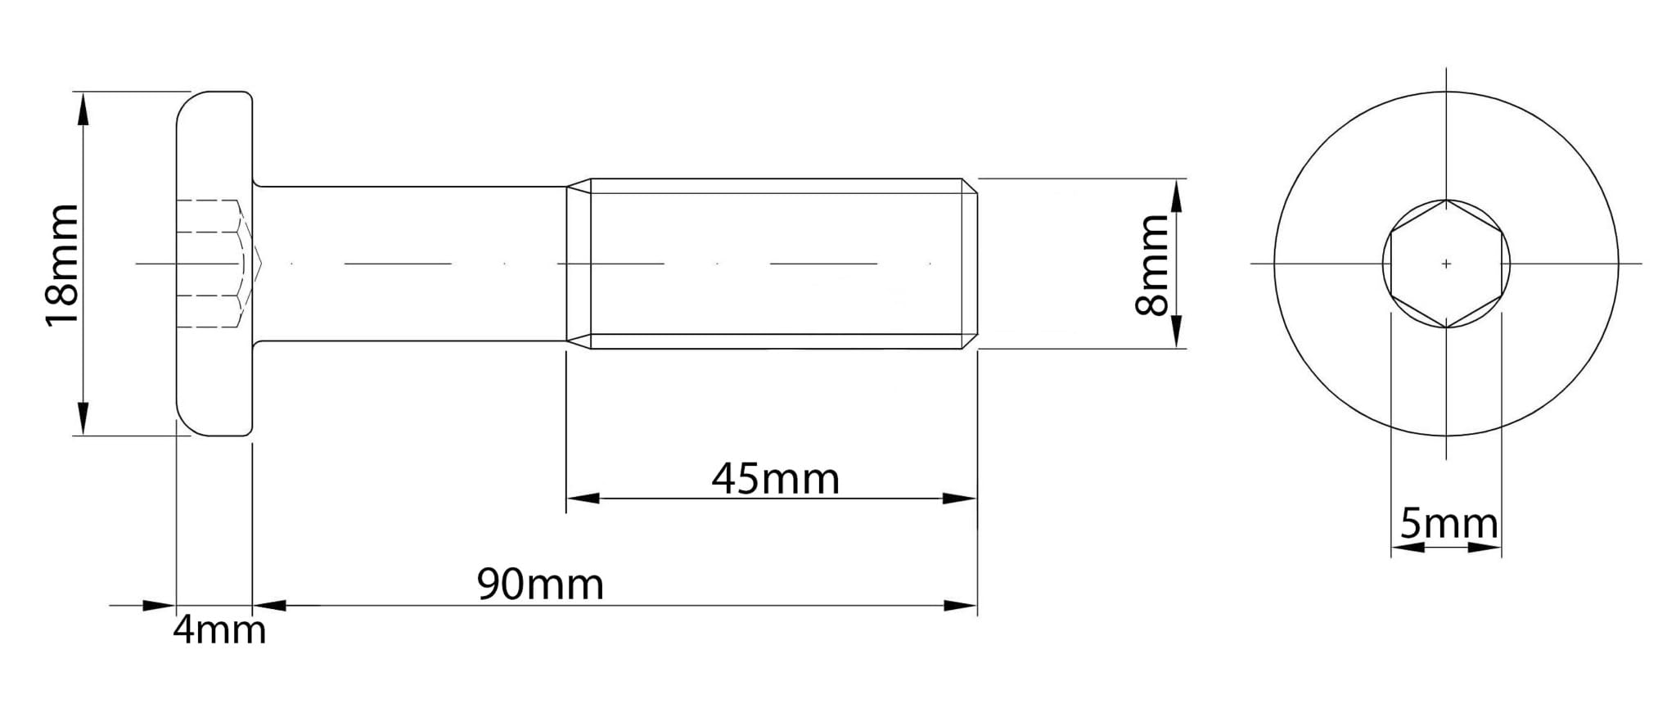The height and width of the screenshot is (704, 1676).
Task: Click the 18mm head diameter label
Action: tap(62, 265)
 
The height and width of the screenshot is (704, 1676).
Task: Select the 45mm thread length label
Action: tap(775, 479)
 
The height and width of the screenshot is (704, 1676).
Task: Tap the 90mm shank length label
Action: tap(540, 584)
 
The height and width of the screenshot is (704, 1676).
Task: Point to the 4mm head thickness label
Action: tap(219, 630)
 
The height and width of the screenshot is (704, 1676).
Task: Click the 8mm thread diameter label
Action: tap(1152, 264)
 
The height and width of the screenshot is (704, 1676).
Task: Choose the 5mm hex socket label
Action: tap(1448, 524)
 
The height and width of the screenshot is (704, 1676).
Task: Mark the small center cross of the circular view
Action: tap(1446, 264)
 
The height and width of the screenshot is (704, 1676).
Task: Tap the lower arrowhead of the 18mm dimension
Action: tap(83, 418)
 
